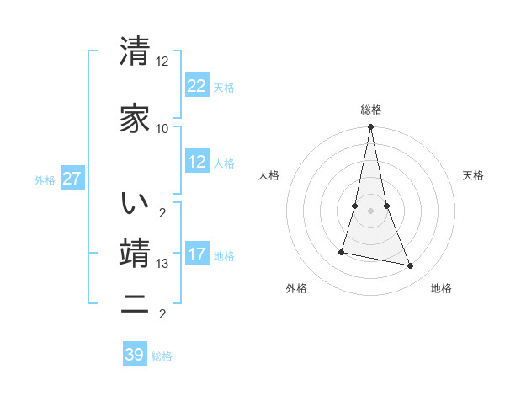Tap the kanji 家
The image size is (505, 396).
point(136,118)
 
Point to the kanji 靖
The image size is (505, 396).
point(136,253)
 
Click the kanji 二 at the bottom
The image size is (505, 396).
point(136,305)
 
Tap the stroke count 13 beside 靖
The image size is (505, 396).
point(162,264)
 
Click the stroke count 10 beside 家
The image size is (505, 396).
point(162,128)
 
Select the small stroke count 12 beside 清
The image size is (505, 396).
point(162,62)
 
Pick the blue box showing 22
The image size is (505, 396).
point(197,85)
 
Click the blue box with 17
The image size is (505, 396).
point(197,254)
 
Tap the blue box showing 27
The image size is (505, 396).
point(72,179)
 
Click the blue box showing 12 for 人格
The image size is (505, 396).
point(197,162)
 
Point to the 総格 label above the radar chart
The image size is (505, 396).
point(370,110)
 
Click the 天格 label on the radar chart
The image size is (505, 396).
point(473,175)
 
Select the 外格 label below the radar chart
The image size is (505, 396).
point(296,288)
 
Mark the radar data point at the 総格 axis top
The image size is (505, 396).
point(370,127)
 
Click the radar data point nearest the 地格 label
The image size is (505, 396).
point(411,266)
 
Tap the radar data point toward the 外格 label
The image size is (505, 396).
point(342,252)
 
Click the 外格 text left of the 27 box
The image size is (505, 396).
point(45,179)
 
